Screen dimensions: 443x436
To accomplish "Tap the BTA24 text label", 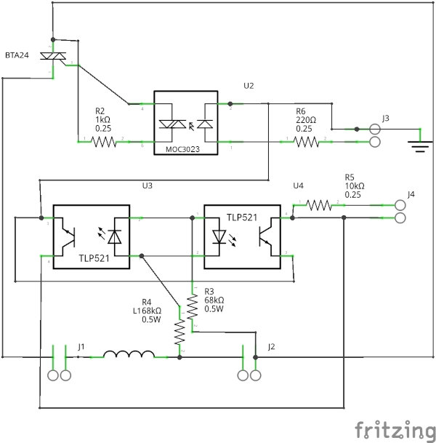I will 17,55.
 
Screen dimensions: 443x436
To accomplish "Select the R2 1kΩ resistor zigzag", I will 102,142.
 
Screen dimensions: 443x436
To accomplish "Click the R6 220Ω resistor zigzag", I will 305,142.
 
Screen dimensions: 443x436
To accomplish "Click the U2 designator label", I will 249,86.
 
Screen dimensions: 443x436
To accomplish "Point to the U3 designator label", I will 148,186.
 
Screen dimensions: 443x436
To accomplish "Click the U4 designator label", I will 296,186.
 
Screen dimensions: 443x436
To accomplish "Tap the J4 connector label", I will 411,194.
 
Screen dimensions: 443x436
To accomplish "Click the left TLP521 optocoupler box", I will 92,236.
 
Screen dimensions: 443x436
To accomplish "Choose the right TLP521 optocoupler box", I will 241,236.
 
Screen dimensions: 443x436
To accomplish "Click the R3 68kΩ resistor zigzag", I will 193,308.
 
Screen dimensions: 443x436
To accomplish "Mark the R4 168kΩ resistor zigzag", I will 179,333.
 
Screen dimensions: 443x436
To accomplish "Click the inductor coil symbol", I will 129,356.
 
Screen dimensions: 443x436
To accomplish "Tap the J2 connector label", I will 271,346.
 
